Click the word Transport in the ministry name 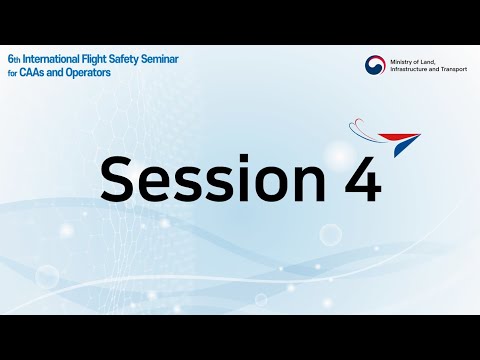(x=458, y=71)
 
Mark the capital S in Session (x=122, y=180)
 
